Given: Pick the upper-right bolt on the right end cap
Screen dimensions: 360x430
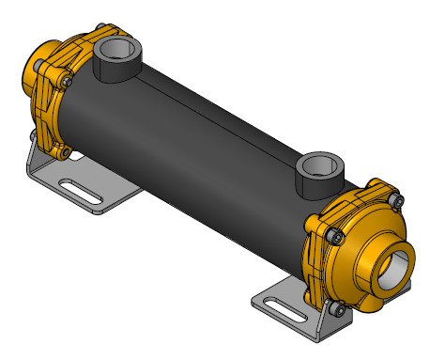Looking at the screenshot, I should point(396,199).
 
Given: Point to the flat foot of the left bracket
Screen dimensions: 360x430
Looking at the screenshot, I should point(103,193).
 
